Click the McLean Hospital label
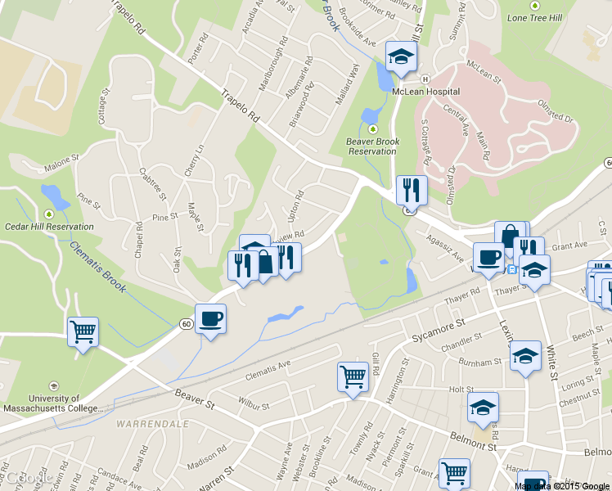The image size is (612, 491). click(425, 92)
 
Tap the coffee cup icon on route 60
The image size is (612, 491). click(211, 318)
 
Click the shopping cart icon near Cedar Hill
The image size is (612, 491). click(83, 331)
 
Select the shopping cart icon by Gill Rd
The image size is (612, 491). click(353, 377)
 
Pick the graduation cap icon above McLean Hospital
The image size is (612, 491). click(402, 56)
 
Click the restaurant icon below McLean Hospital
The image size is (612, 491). click(412, 190)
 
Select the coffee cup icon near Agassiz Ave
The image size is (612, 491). click(489, 257)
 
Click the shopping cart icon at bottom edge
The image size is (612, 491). click(454, 472)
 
